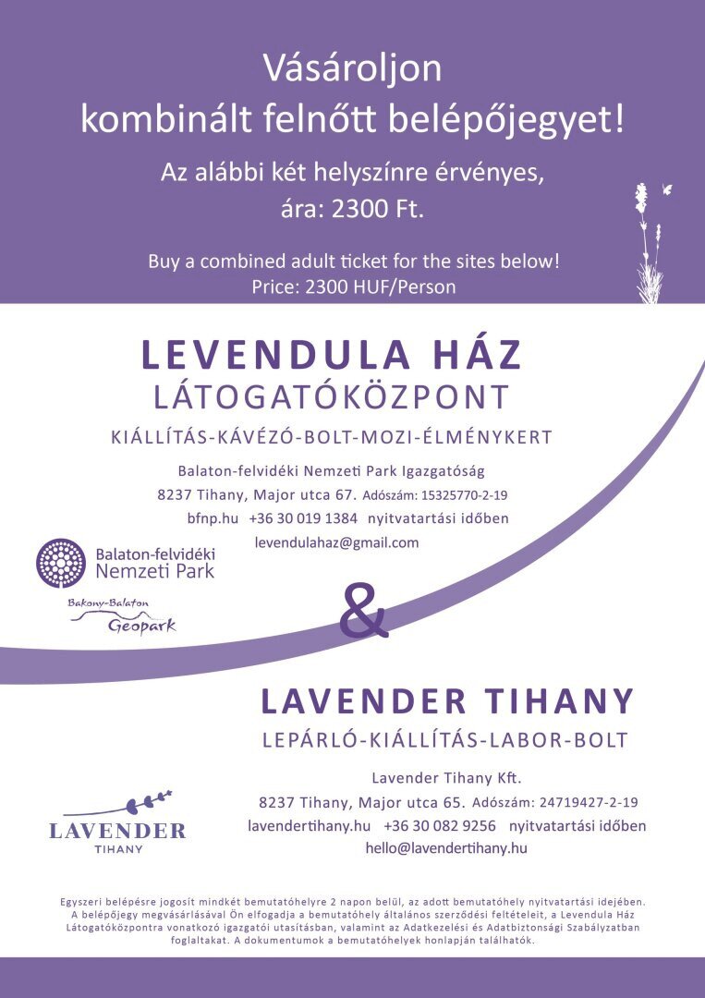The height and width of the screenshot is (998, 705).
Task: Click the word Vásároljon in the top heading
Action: pos(352,69)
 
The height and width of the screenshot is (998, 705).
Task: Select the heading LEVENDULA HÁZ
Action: pos(332,356)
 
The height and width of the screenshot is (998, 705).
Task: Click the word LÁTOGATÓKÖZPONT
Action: pos(331,397)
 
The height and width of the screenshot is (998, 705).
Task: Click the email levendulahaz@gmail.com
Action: pos(336,542)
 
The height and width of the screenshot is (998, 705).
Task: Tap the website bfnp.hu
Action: pos(205,518)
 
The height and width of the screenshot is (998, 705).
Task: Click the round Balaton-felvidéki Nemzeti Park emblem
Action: pos(60,564)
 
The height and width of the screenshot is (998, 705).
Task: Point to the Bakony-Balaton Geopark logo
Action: pos(122,616)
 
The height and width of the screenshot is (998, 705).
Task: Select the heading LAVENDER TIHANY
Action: pos(447,701)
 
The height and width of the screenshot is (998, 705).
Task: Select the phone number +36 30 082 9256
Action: pos(440,825)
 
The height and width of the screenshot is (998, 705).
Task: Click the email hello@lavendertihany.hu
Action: pos(445,847)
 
